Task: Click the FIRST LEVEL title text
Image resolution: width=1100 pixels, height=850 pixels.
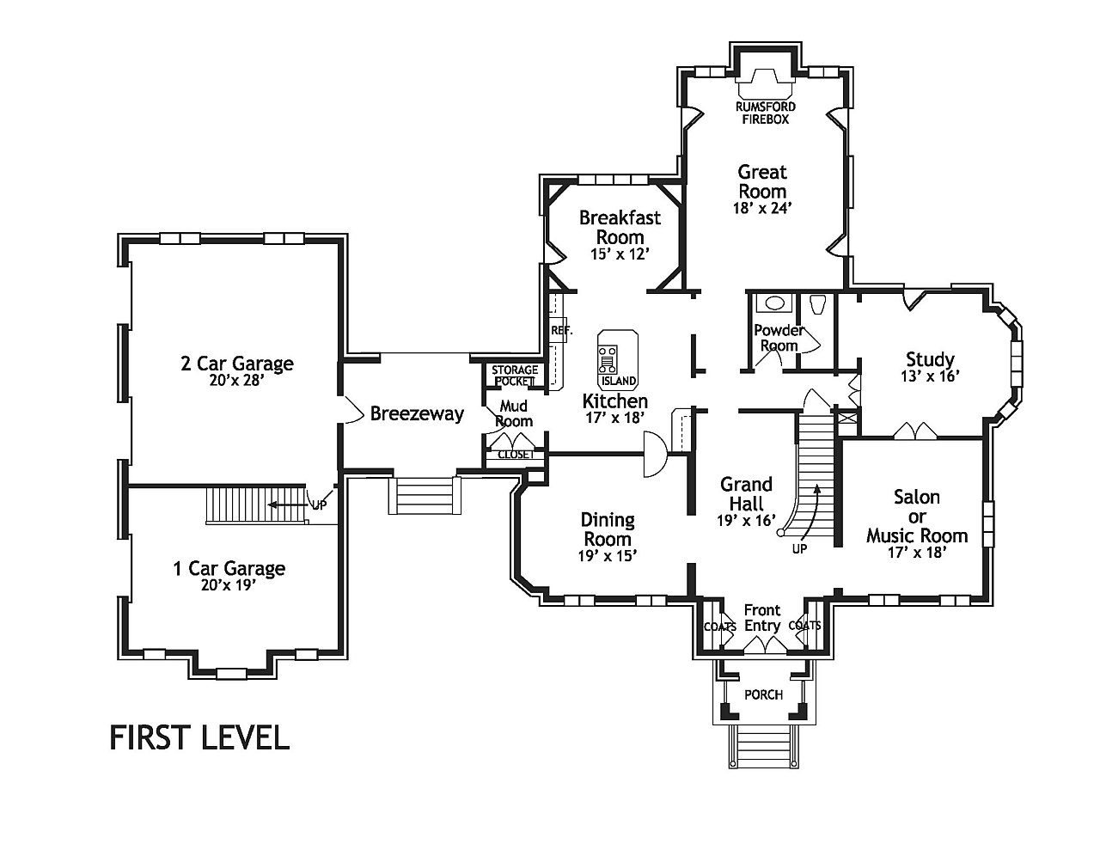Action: [x=199, y=737]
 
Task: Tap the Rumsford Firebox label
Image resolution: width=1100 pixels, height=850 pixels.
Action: [x=766, y=113]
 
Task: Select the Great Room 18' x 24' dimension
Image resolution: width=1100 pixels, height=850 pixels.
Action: [x=762, y=208]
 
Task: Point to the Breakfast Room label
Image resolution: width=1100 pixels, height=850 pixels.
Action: [x=620, y=227]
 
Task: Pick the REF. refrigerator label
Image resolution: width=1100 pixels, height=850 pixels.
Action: [x=561, y=331]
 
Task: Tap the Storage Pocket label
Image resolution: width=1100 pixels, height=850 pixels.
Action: [x=514, y=375]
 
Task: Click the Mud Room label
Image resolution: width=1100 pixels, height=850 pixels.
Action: [x=514, y=413]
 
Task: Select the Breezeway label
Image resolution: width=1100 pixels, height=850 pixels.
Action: [x=417, y=413]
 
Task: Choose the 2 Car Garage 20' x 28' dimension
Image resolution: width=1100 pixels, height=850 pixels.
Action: [x=237, y=380]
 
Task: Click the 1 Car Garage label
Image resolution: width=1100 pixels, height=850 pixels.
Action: [x=229, y=568]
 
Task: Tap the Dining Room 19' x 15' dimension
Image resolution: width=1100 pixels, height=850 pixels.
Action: [x=608, y=555]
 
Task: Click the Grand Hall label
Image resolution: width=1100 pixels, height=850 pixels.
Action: [x=746, y=493]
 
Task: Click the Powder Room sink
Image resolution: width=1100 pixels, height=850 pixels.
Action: [x=773, y=303]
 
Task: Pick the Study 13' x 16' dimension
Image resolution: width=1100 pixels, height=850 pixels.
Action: [x=930, y=376]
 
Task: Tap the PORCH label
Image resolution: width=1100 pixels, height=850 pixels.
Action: [x=763, y=694]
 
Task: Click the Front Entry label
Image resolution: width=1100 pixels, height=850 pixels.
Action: [x=762, y=618]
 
